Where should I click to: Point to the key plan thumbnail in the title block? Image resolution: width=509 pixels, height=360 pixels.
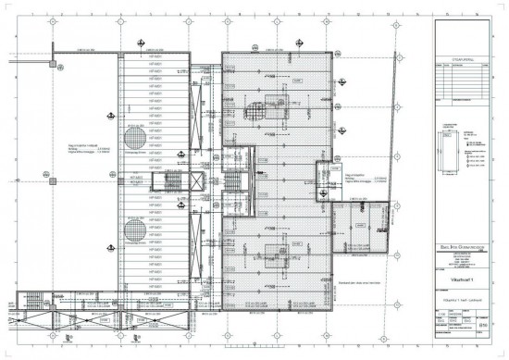click(x=453, y=154)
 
